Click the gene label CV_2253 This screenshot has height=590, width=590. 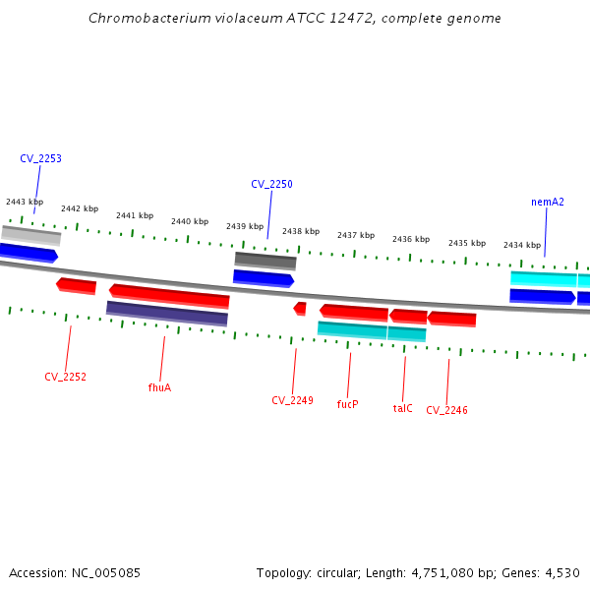point(40,158)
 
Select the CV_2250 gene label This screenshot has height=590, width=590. point(271,184)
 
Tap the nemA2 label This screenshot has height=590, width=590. point(548,202)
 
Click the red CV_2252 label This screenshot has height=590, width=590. point(65,377)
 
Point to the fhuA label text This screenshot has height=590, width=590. point(159,387)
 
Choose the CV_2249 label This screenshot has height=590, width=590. point(292,400)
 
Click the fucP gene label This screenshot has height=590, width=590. point(347,404)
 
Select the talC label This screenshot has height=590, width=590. point(402,408)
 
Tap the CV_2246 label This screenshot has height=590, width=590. point(446,410)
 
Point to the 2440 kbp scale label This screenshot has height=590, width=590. point(190,221)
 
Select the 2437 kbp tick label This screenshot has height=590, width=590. point(356,235)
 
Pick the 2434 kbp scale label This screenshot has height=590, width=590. point(522,245)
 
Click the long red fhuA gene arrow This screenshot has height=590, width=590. point(169,295)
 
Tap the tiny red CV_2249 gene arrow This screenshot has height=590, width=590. point(300,309)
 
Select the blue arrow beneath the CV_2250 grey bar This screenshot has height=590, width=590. point(263,278)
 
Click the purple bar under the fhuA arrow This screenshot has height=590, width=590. point(167,314)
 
